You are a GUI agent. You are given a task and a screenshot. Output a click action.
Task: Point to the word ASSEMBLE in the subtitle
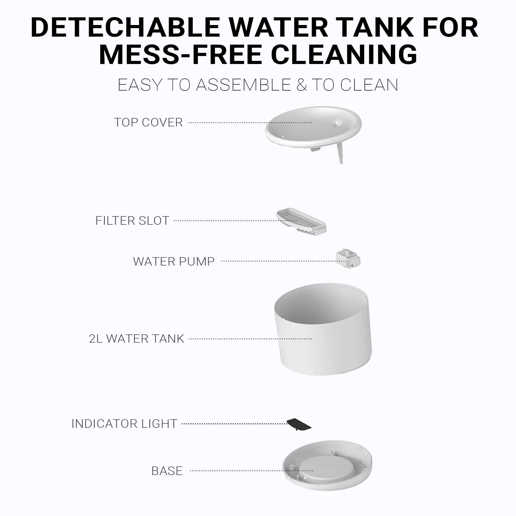tap(243, 85)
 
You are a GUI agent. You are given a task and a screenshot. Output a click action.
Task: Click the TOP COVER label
tap(148, 122)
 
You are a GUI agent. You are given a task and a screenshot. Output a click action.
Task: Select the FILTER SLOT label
tap(132, 221)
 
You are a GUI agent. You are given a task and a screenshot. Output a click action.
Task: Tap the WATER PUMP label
tap(174, 261)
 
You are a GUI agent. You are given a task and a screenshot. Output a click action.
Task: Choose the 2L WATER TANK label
tap(136, 339)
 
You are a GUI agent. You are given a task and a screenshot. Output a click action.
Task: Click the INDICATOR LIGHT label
tap(124, 424)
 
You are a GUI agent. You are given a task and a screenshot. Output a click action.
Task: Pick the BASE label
tap(167, 471)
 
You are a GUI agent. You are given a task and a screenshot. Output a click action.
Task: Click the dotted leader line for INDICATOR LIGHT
tap(234, 424)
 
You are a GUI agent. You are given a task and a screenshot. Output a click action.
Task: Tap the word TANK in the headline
tap(377, 28)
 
